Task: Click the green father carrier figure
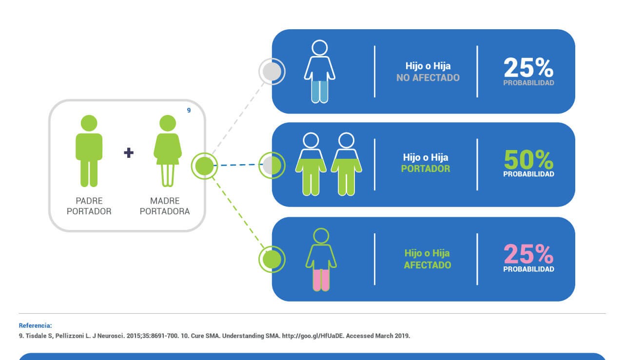coord(89,151)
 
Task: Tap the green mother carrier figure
coord(168,151)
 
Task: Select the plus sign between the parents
coord(129,152)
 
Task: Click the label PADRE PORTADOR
coord(89,206)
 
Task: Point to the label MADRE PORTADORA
coord(165,206)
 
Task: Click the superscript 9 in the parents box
coord(189,110)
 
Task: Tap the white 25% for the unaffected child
coord(528,68)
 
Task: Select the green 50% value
coord(528,159)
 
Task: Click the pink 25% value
coord(528,254)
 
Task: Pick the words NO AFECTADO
coord(428,77)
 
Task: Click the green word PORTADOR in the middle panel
coord(426,169)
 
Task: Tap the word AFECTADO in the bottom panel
coord(428,265)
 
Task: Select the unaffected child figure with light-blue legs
coord(319,72)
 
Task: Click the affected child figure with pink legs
coord(321,260)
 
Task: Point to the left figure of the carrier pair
coord(311,164)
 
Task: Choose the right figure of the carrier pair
coord(346,164)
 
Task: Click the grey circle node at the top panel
coord(272,72)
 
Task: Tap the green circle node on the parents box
coord(204,166)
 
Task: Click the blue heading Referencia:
coord(36,325)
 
